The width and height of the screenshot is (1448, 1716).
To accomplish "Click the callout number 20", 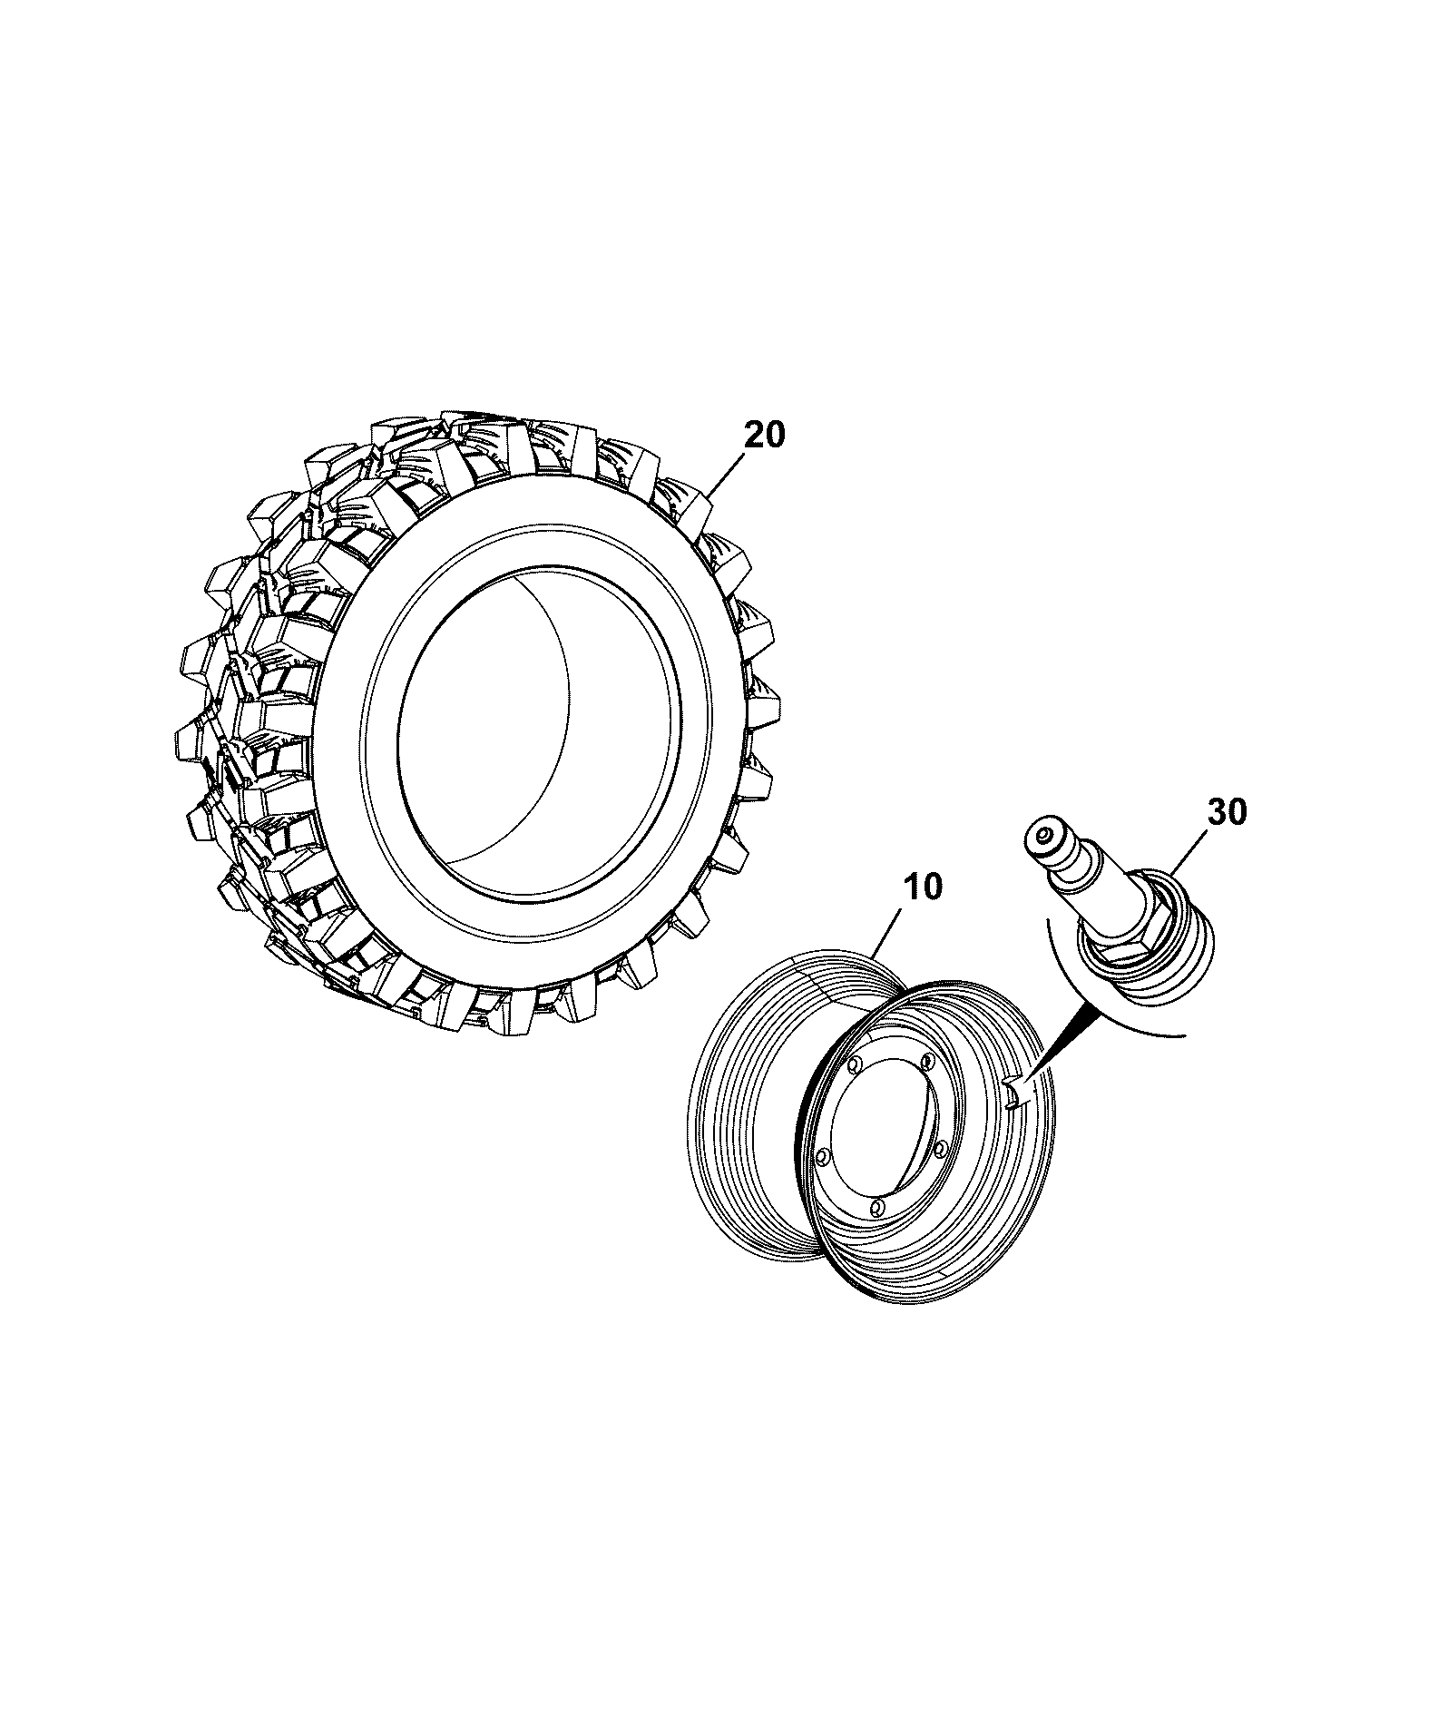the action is (765, 435).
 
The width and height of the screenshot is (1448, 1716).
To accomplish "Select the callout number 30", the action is (1228, 812).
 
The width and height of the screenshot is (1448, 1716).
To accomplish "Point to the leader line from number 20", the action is (727, 475).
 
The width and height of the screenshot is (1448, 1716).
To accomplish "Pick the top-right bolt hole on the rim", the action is (926, 1062).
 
